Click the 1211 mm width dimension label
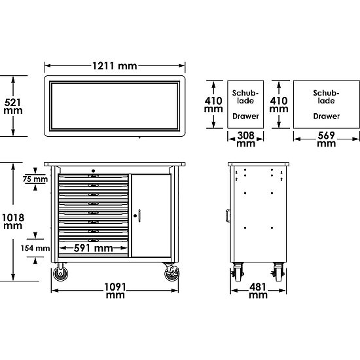(x=115, y=66)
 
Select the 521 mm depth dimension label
(x=13, y=106)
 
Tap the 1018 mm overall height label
(x=13, y=221)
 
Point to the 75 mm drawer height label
(x=35, y=179)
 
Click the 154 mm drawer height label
(x=35, y=248)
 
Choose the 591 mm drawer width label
(x=93, y=248)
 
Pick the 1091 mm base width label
(x=115, y=291)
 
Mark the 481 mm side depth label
(x=258, y=291)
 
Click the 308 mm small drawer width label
(x=246, y=139)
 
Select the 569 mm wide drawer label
(x=326, y=139)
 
